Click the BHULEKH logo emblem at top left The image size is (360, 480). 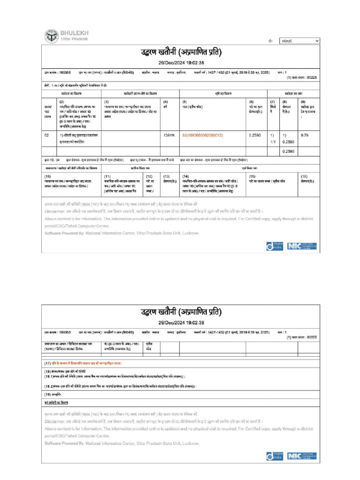52,36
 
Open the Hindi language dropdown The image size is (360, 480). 300,41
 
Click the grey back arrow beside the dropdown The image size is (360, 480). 270,41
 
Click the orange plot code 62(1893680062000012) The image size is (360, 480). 202,135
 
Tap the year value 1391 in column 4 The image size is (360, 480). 169,135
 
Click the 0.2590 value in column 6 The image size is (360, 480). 255,135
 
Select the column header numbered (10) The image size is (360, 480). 47,176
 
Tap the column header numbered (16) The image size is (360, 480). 304,176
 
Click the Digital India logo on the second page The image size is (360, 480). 274,456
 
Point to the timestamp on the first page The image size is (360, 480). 180,63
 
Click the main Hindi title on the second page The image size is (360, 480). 180,312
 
